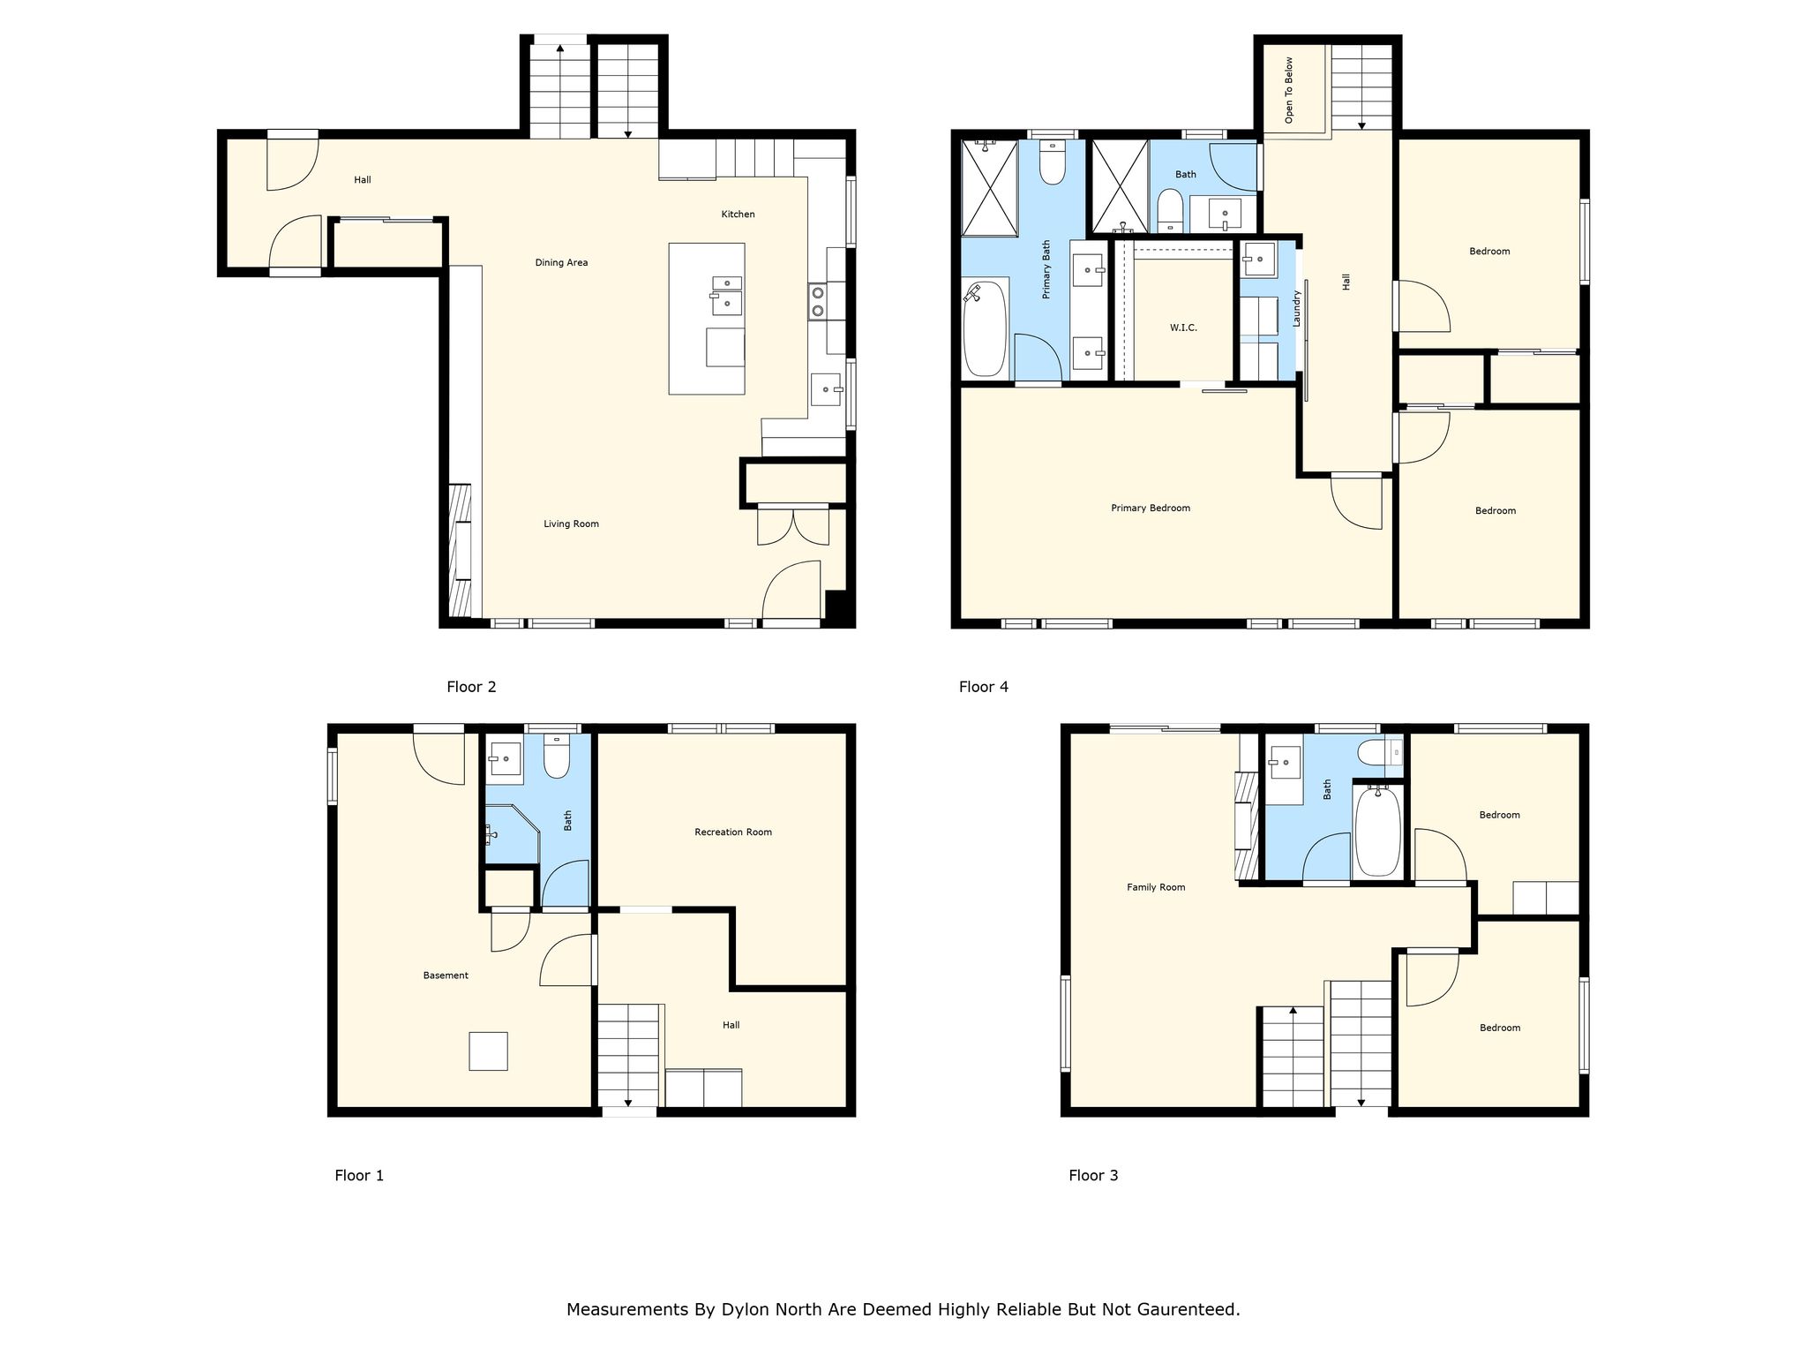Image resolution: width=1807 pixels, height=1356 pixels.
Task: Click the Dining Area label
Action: (561, 262)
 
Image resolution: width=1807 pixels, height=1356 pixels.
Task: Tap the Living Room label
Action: (571, 524)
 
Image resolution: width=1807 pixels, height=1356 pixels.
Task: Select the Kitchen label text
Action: (738, 214)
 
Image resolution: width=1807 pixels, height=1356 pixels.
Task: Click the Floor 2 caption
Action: (471, 687)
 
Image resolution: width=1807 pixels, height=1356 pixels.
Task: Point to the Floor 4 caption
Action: (984, 687)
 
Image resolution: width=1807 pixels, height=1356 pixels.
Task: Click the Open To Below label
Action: (1289, 90)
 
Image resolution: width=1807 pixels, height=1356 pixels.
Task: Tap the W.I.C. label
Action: (1183, 328)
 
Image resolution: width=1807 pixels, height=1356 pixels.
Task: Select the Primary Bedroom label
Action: (1151, 508)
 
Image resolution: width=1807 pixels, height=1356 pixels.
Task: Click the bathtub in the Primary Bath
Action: (985, 329)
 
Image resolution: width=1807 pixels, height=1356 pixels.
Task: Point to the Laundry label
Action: (1296, 309)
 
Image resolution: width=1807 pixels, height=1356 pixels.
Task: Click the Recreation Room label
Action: (733, 832)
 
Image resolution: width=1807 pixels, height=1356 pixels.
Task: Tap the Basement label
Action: (446, 976)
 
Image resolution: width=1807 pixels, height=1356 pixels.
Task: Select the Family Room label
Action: (1156, 887)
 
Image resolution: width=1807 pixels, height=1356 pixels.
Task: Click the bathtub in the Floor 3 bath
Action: (1377, 831)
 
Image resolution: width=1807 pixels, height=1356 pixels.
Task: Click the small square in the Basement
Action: (488, 1051)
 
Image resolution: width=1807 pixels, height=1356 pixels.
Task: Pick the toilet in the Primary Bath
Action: (1053, 162)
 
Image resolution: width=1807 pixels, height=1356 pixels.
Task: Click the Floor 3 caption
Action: (1093, 1175)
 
